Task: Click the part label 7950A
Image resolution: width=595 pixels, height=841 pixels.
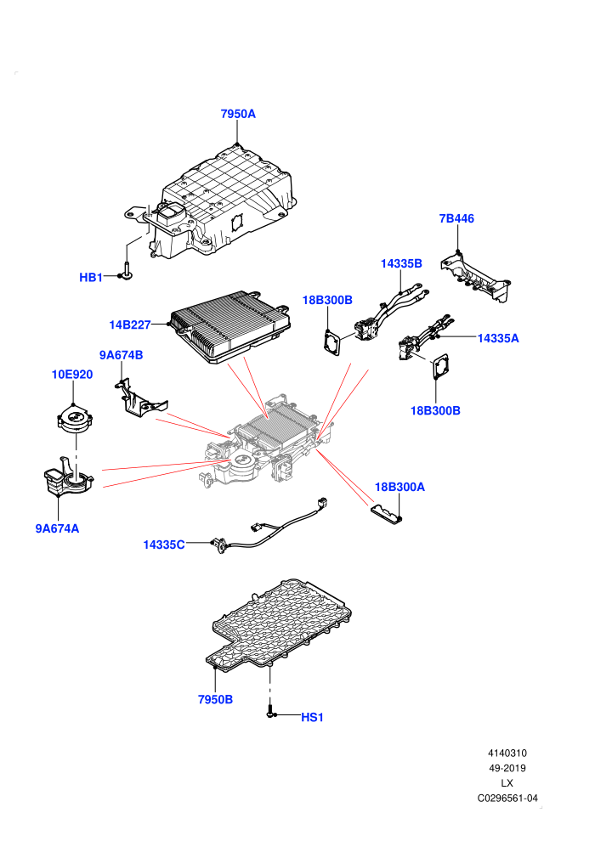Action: click(238, 114)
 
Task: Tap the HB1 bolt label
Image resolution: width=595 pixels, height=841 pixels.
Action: click(91, 277)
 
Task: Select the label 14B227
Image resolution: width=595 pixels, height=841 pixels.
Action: click(130, 325)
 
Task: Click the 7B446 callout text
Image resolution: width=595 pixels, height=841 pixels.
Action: click(456, 218)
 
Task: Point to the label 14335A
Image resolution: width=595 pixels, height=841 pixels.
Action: click(498, 338)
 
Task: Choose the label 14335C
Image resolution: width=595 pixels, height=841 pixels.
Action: click(164, 545)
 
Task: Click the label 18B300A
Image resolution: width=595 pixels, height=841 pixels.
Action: click(399, 487)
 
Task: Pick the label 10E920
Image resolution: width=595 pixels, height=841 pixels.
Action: click(72, 375)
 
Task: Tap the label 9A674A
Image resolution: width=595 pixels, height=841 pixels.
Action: click(58, 528)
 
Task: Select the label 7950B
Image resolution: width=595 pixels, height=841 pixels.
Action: click(215, 699)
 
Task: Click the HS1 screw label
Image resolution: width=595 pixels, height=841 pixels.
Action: click(312, 717)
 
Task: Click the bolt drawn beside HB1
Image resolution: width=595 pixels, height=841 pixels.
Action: click(127, 270)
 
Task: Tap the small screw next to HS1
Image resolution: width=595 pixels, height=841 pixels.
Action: click(270, 711)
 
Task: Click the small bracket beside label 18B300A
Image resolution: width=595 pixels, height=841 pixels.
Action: click(386, 513)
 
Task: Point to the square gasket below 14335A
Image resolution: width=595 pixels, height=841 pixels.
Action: click(441, 367)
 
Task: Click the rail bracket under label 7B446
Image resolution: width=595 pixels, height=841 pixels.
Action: click(475, 276)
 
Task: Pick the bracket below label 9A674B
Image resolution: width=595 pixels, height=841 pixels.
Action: click(140, 399)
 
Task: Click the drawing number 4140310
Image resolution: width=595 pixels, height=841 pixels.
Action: click(507, 753)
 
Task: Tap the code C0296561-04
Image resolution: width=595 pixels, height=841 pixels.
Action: click(507, 798)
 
